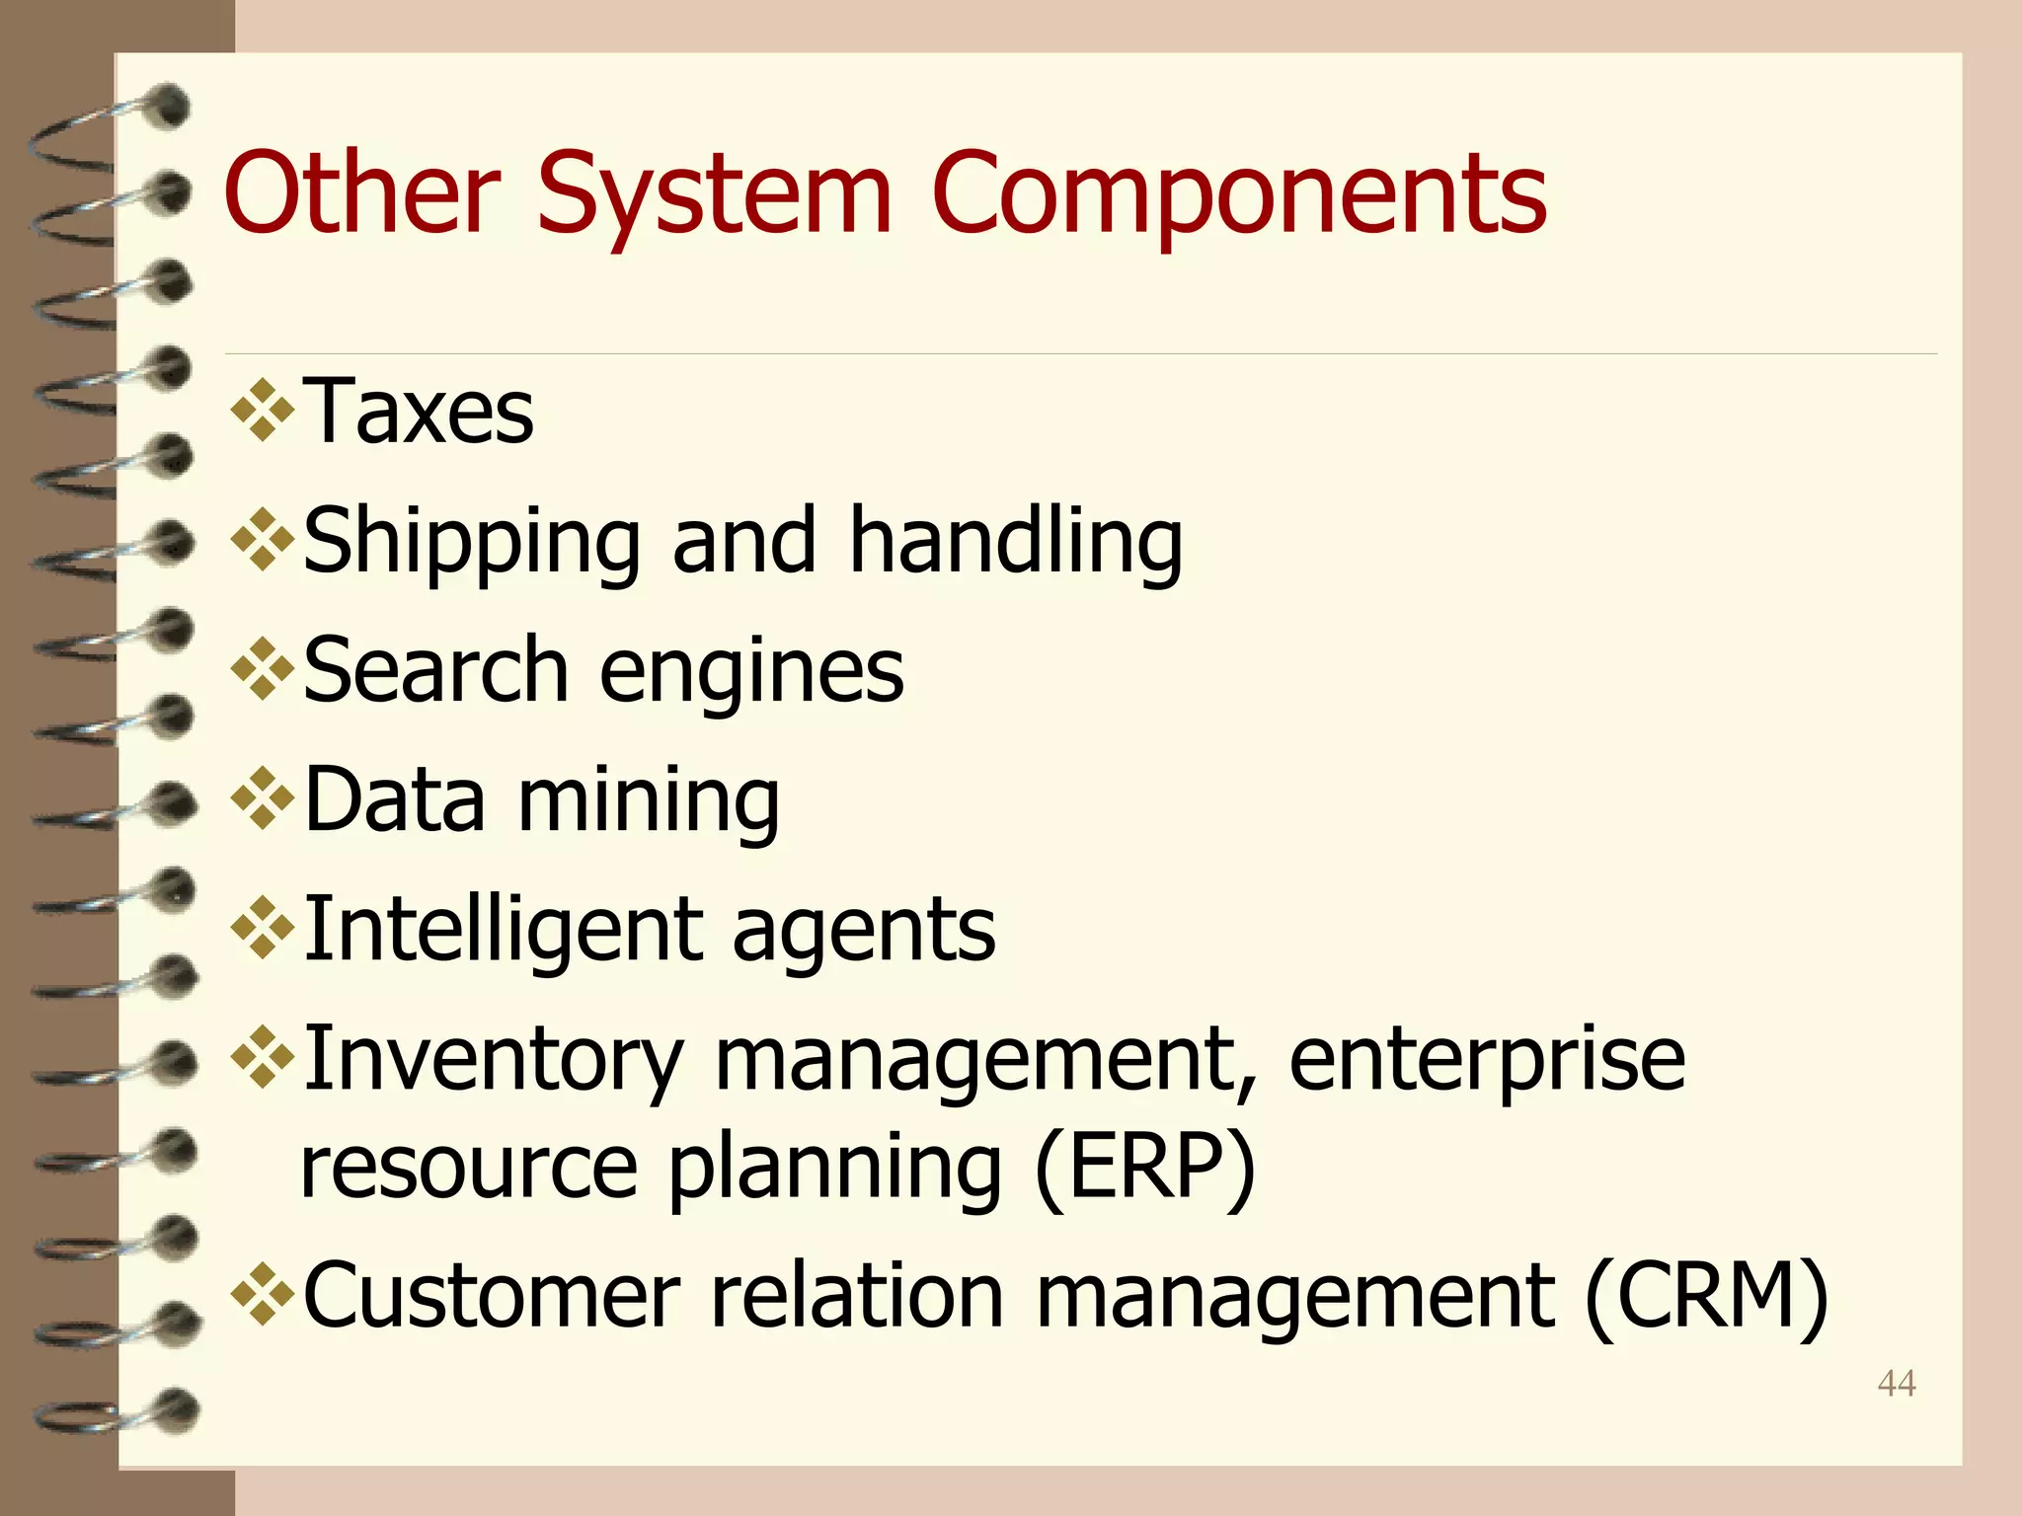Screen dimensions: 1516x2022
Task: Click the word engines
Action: click(x=751, y=672)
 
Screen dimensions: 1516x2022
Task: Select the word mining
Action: click(x=649, y=801)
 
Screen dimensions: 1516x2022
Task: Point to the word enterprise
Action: click(x=1487, y=1061)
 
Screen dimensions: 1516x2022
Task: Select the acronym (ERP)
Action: click(x=1145, y=1168)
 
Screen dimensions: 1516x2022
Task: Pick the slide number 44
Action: click(x=1897, y=1384)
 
